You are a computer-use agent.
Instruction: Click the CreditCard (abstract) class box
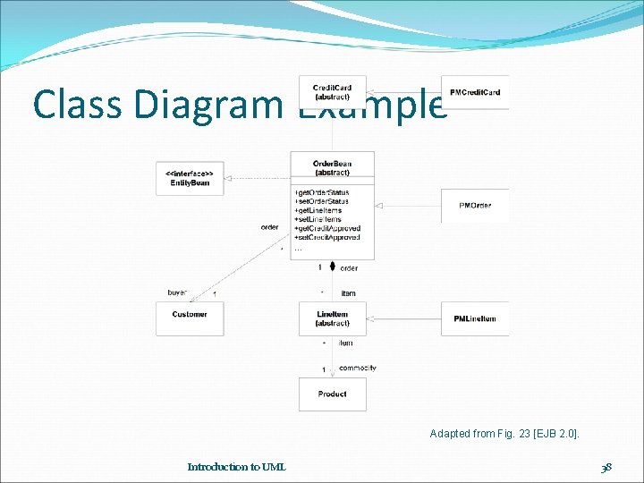click(332, 91)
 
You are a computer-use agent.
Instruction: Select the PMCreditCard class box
click(475, 92)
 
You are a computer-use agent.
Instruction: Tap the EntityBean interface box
click(190, 178)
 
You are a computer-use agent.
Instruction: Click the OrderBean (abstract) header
click(332, 167)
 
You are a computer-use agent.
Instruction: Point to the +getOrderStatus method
click(321, 192)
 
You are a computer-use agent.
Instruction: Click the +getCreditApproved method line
click(326, 228)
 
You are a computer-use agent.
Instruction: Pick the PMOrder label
click(475, 206)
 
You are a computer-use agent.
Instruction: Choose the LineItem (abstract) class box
click(332, 318)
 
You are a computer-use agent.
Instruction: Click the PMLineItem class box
click(475, 318)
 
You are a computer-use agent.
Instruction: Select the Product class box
click(332, 394)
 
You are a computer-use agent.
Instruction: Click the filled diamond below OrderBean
click(332, 266)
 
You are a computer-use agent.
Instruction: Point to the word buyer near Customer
click(177, 292)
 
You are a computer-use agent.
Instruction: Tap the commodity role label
click(358, 368)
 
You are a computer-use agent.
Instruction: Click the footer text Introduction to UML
click(236, 467)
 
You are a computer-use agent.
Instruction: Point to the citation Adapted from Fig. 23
click(504, 434)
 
